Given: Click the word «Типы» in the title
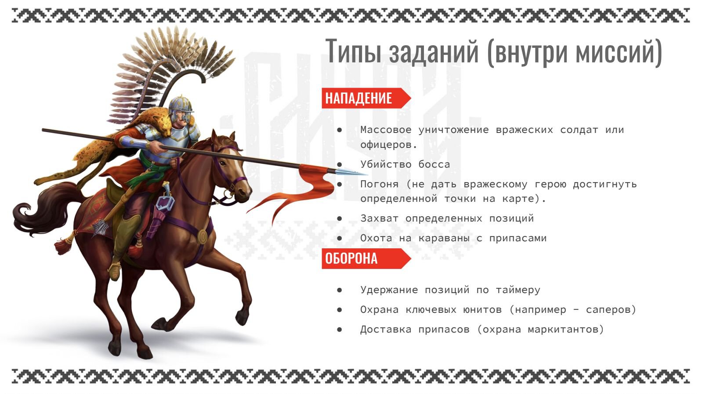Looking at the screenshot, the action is (353, 51).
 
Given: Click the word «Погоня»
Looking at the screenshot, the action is (380, 184).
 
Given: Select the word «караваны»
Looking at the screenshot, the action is (444, 238).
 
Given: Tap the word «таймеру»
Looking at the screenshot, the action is (518, 290).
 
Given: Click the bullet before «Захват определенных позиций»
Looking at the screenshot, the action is (340, 219).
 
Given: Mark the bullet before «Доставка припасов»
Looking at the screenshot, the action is (340, 330).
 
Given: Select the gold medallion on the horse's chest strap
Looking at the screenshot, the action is (203, 236).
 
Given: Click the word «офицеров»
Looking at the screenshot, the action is (389, 145).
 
